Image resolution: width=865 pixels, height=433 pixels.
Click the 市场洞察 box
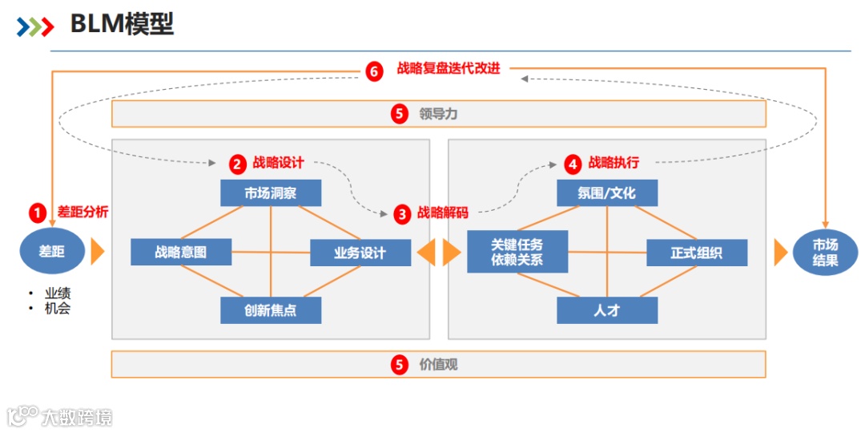click(271, 193)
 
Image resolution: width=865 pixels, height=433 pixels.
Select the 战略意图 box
click(181, 252)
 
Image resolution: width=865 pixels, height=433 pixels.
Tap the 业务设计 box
click(360, 253)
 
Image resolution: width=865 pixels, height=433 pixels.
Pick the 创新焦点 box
click(271, 310)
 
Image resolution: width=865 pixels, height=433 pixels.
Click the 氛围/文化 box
click(607, 193)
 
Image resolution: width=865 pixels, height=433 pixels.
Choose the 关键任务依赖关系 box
click(517, 252)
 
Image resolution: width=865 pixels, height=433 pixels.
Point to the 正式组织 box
click(697, 253)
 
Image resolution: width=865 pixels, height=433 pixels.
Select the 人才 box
click(607, 310)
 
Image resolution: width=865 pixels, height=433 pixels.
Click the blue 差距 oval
click(52, 251)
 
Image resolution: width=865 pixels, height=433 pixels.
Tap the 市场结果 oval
click(825, 252)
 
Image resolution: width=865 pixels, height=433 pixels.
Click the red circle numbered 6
click(374, 71)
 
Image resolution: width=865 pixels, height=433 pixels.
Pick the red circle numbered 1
click(38, 213)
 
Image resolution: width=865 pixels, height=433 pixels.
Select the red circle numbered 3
click(401, 214)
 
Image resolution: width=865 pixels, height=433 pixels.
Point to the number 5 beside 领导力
click(400, 114)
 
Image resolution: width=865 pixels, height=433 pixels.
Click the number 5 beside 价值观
click(400, 365)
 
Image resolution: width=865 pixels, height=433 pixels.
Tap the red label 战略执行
click(614, 163)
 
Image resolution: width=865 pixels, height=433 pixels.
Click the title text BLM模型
click(122, 25)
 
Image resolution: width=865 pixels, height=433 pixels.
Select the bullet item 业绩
click(58, 293)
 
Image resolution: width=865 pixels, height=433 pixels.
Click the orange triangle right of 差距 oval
click(98, 252)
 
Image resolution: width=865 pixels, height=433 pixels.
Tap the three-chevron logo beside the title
click(35, 26)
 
